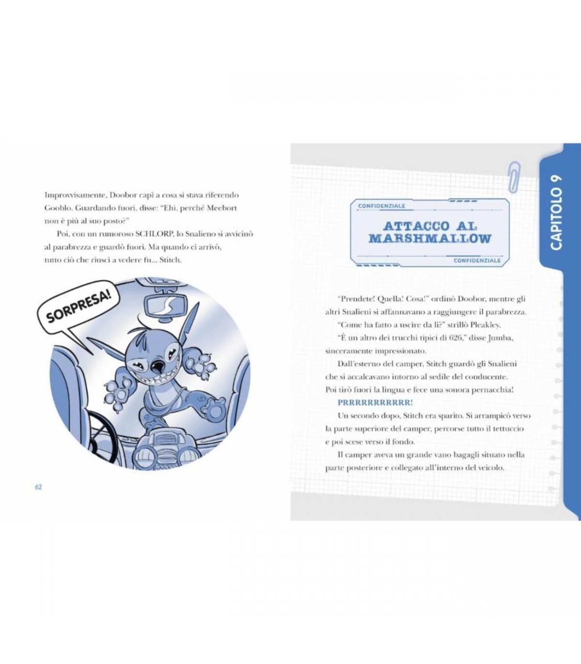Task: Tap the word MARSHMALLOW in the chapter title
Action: point(430,239)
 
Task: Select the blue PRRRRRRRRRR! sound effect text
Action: point(376,403)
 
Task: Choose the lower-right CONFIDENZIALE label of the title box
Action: point(477,260)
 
